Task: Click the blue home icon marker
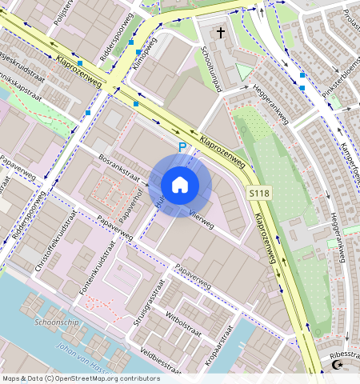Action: (180, 185)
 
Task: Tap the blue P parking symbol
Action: (182, 147)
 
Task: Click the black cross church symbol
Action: (221, 33)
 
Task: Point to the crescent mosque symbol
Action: (337, 366)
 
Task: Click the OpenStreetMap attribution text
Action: (80, 378)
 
